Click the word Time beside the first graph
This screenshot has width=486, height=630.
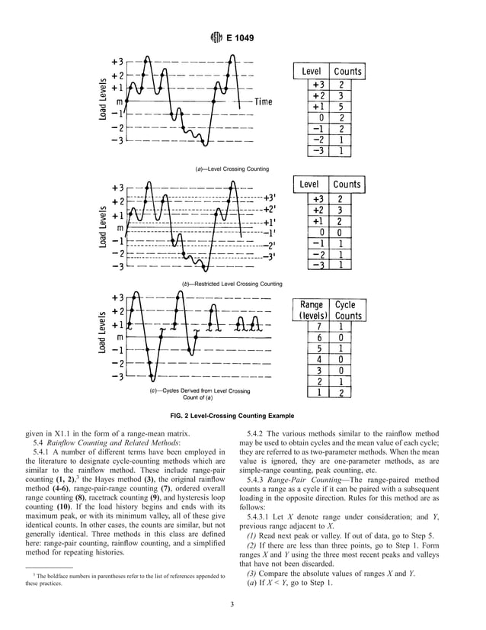point(263,101)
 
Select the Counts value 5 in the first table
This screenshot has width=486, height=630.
point(341,107)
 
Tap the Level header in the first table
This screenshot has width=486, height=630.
point(311,72)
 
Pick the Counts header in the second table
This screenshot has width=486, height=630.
point(347,185)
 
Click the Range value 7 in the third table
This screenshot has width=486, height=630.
point(320,326)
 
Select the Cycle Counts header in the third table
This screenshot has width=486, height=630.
point(348,310)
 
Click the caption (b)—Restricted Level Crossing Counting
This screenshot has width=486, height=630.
point(232,284)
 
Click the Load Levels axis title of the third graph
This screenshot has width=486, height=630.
point(101,337)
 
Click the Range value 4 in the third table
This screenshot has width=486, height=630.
point(320,359)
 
